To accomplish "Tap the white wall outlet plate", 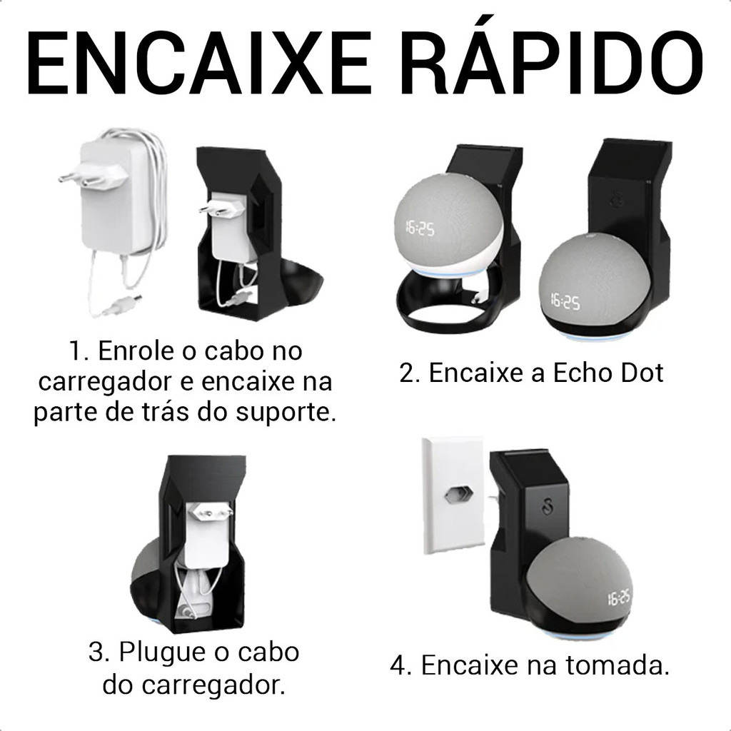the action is pos(452,495).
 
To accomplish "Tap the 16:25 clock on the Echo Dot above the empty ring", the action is pos(420,228).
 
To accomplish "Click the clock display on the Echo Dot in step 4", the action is pos(619,598).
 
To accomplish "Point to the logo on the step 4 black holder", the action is pos(546,508).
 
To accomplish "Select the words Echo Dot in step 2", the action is pos(608,373).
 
